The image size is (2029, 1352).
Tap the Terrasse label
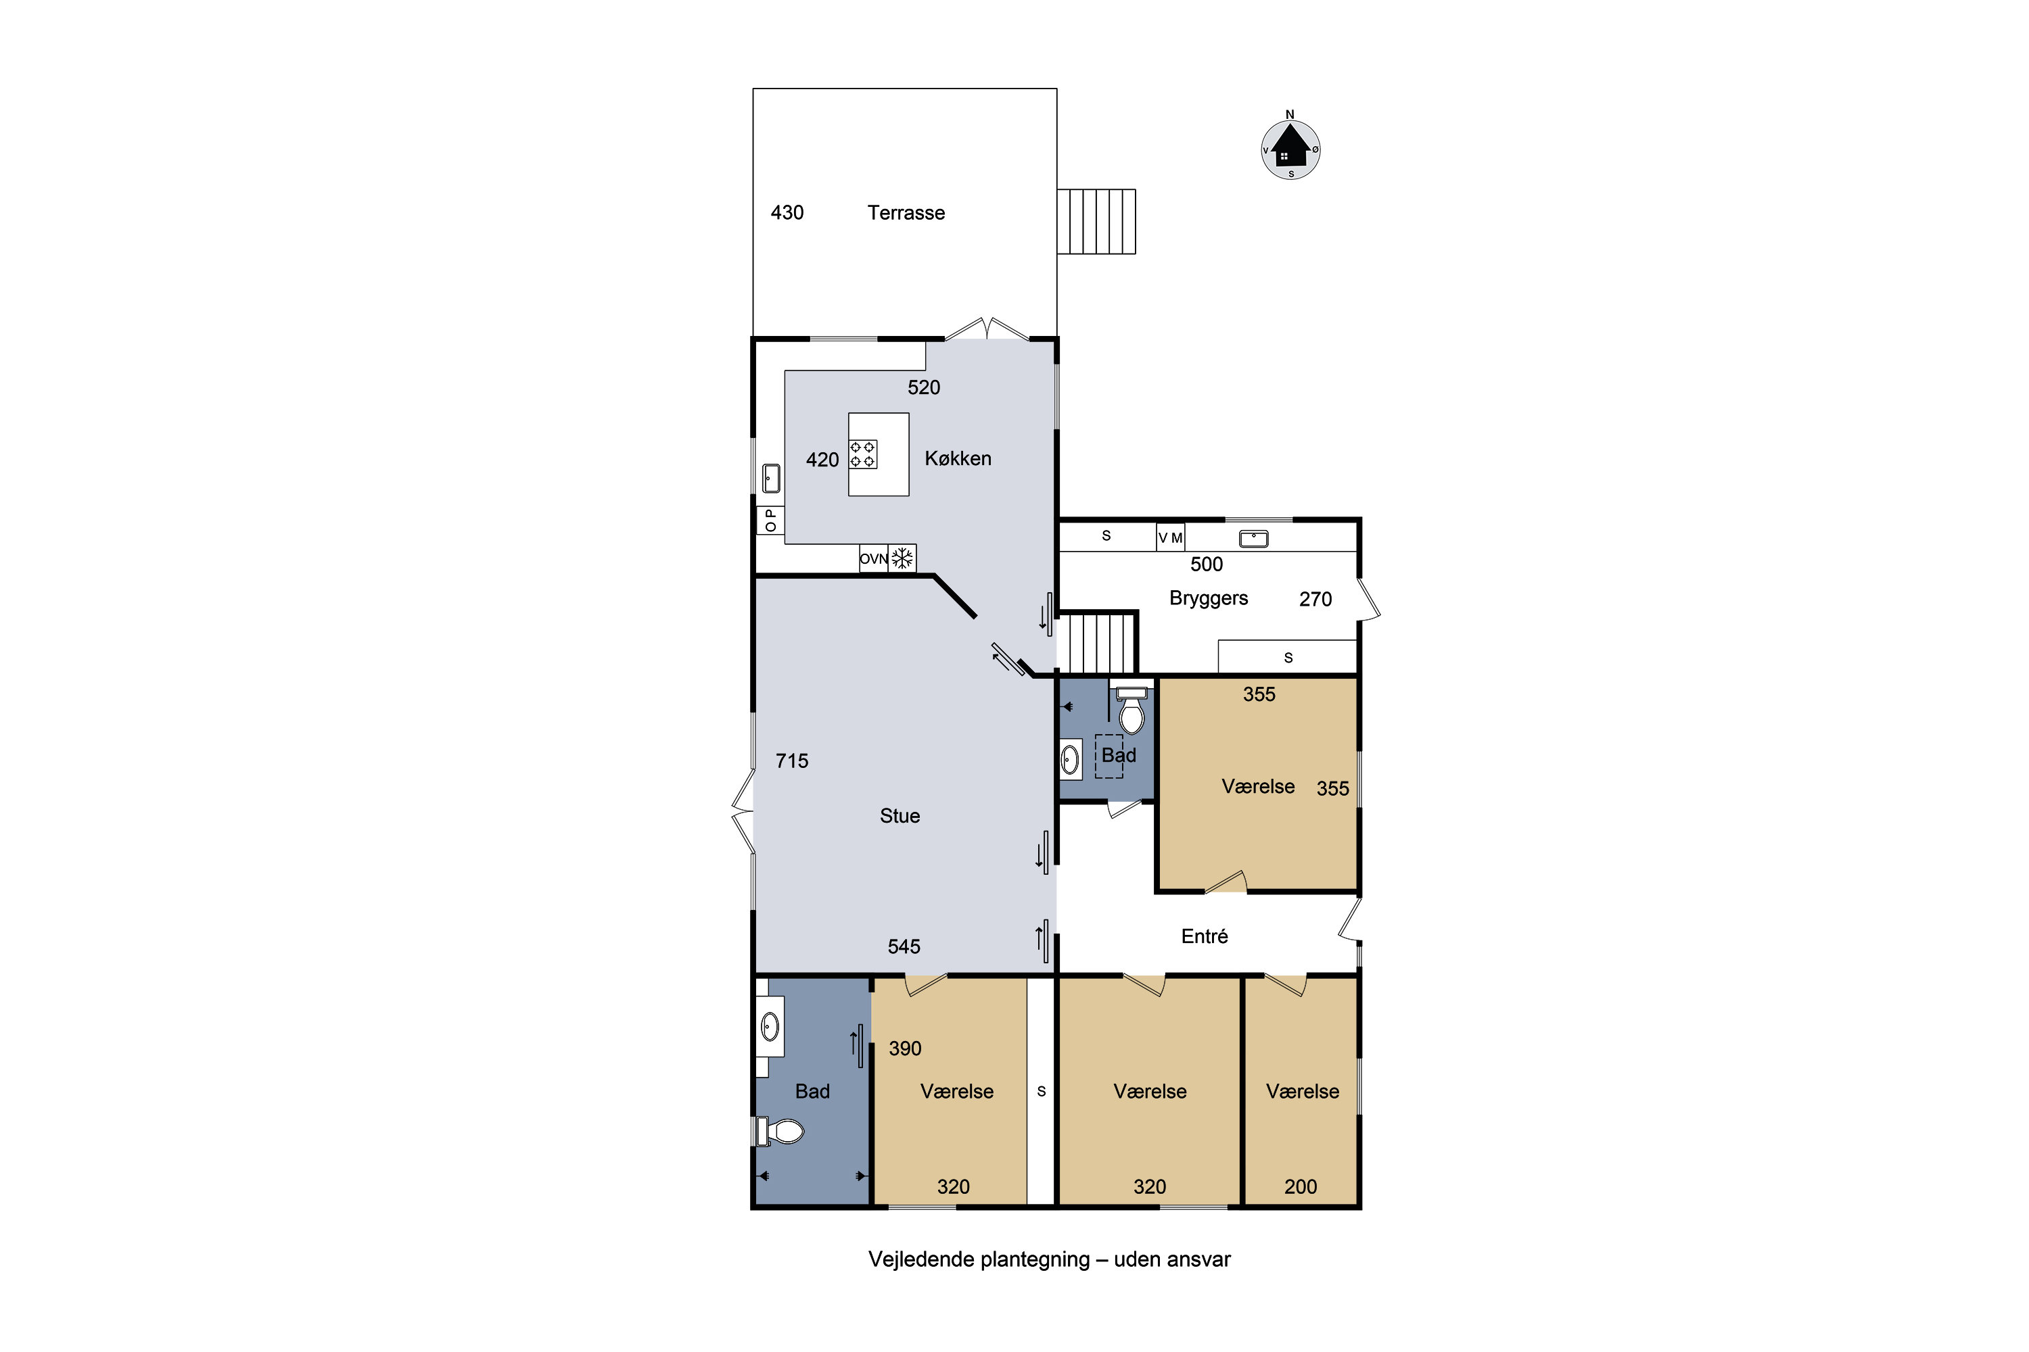pyautogui.click(x=906, y=213)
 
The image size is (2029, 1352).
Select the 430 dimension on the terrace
pyautogui.click(x=787, y=213)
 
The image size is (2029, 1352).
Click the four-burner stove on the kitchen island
pyautogui.click(x=863, y=454)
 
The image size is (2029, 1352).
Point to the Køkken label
pyautogui.click(x=958, y=459)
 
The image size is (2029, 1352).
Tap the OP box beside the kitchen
pyautogui.click(x=770, y=521)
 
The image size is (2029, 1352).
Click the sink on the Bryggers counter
pyautogui.click(x=1253, y=539)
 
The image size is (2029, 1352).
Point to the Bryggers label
pyautogui.click(x=1209, y=598)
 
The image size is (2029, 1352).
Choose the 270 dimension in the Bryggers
pyautogui.click(x=1315, y=599)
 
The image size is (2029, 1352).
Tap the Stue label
pyautogui.click(x=900, y=816)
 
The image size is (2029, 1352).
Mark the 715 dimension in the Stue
pyautogui.click(x=792, y=760)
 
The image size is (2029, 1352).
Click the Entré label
pyautogui.click(x=1205, y=936)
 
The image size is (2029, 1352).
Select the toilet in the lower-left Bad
pyautogui.click(x=780, y=1131)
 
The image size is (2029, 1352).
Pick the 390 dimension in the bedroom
pyautogui.click(x=905, y=1048)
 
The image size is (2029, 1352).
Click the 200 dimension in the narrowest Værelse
pyautogui.click(x=1301, y=1186)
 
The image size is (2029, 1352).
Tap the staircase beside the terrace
pyautogui.click(x=1096, y=222)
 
